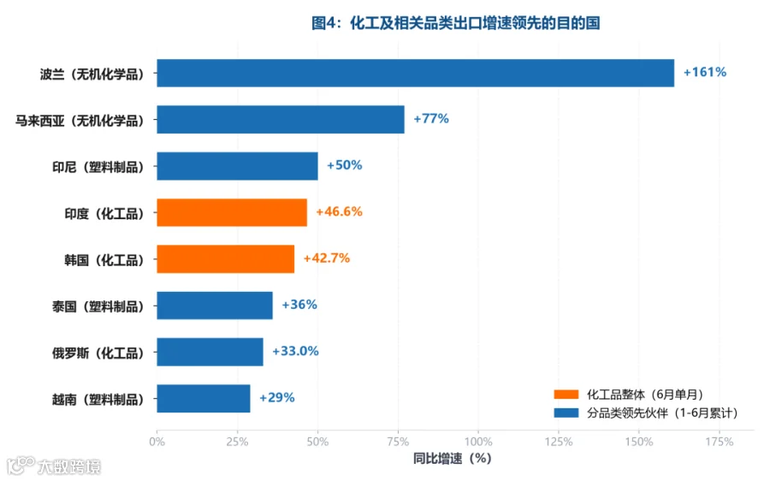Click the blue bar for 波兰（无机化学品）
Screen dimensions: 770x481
coord(416,74)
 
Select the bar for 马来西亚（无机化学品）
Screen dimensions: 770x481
coord(281,119)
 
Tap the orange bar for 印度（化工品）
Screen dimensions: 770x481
coord(232,213)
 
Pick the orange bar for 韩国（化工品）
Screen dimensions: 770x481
coord(225,259)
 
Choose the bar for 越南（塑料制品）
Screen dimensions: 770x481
coord(204,399)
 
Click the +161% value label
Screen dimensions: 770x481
coord(705,72)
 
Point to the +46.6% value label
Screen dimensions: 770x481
coord(339,211)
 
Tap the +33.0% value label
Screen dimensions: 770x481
coord(295,351)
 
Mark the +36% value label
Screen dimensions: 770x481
coord(299,305)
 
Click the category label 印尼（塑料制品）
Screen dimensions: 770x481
coord(98,167)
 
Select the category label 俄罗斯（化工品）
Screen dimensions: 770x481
coord(98,353)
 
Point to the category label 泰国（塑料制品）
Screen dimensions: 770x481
coord(98,306)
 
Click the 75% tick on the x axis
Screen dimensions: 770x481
coord(398,442)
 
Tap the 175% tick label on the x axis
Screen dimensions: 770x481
coord(719,442)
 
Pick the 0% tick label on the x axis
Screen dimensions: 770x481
coord(157,442)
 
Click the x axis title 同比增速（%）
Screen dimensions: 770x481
coord(452,459)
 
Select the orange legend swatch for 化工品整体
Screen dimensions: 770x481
coord(566,394)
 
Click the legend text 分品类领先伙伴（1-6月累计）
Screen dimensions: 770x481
coord(662,413)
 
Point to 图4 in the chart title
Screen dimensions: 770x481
coord(326,22)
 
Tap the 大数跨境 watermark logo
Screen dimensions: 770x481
coord(53,466)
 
